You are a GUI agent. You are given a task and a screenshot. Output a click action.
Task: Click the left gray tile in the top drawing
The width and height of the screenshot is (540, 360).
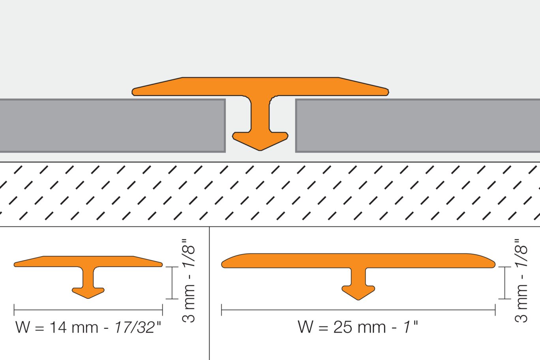click(112, 125)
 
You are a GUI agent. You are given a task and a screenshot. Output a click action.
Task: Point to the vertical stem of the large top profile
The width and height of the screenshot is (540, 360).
click(260, 114)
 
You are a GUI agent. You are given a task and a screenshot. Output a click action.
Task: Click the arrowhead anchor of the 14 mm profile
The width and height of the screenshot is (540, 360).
click(88, 293)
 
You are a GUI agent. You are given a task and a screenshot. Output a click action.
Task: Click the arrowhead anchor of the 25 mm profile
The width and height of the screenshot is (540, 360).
click(358, 292)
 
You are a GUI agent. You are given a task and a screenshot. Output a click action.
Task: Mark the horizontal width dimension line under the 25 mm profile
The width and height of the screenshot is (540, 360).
click(358, 310)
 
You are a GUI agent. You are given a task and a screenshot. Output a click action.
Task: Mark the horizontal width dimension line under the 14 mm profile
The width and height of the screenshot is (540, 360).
click(88, 310)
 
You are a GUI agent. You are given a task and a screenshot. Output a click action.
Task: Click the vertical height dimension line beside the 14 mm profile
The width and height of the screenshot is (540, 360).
click(172, 283)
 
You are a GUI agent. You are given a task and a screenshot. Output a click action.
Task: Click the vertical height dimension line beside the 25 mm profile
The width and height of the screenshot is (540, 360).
click(505, 283)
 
